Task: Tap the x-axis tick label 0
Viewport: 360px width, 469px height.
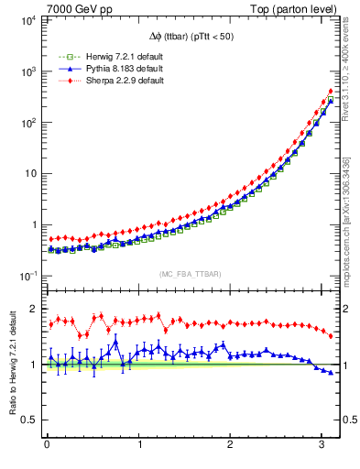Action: (x=47, y=446)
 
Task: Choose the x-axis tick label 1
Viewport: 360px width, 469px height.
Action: (x=139, y=446)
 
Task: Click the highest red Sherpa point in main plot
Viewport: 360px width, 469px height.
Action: (x=330, y=92)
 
